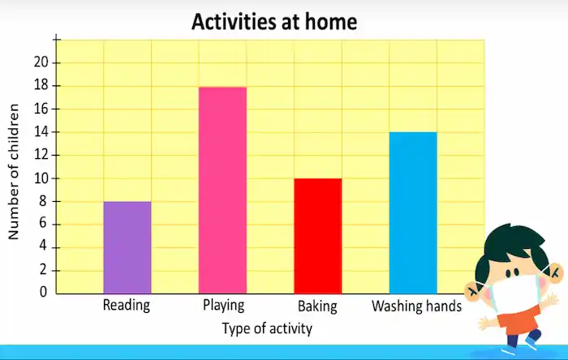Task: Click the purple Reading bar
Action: (x=127, y=247)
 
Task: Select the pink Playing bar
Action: (x=222, y=190)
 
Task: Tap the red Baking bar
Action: (x=317, y=236)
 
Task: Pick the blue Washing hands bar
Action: (x=413, y=212)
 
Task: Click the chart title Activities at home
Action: (x=274, y=22)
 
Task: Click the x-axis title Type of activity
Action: (x=267, y=328)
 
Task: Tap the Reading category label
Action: (x=127, y=306)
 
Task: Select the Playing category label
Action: (x=222, y=306)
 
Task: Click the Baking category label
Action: (x=317, y=306)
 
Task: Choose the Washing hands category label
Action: (x=416, y=306)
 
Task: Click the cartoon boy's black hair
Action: (x=512, y=240)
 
